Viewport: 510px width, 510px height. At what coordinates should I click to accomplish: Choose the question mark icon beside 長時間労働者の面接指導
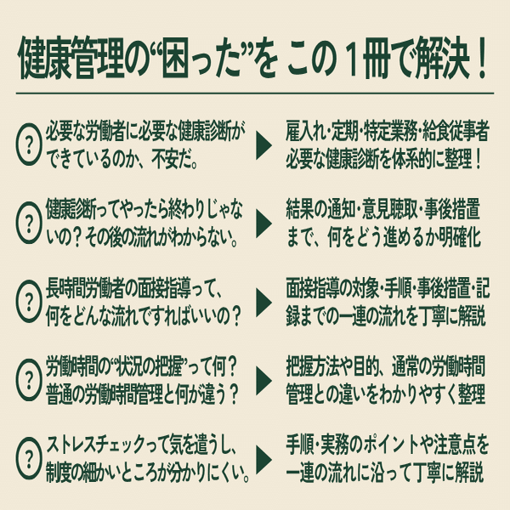tap(31, 301)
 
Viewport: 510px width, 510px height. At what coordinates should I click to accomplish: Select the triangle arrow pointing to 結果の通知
tap(264, 224)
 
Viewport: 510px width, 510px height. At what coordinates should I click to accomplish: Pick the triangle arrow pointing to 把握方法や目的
tap(264, 380)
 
